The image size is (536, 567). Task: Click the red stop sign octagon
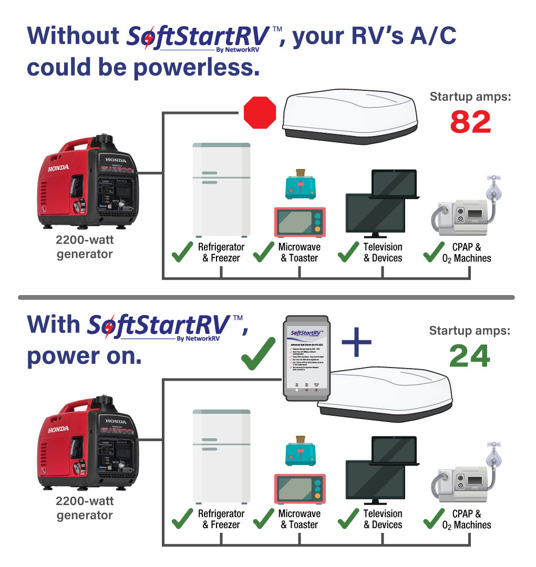[260, 112]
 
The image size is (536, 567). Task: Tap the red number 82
[470, 121]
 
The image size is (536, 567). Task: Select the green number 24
[469, 356]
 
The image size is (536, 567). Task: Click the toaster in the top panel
[301, 185]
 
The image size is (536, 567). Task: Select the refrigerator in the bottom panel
[221, 456]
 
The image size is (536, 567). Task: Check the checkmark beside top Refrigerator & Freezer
[183, 252]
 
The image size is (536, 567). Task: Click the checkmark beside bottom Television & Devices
[348, 519]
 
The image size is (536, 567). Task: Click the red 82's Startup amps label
[470, 97]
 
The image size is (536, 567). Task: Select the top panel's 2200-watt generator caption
[85, 247]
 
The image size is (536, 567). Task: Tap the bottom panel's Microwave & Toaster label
[299, 519]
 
